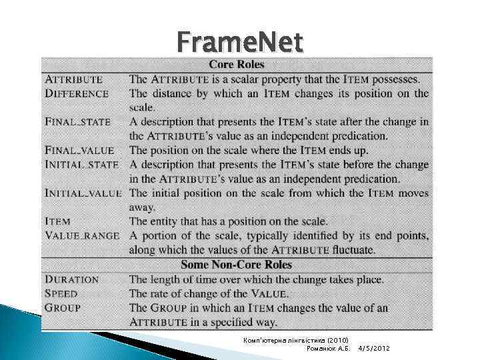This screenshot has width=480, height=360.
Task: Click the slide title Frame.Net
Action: point(240,44)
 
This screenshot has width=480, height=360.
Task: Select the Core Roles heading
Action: point(237,65)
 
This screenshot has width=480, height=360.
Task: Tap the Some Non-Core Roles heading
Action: point(237,265)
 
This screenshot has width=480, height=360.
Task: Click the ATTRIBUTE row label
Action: point(74,79)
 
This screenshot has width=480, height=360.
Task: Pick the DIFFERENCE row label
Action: point(77,94)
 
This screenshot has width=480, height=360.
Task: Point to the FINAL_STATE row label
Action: point(78,122)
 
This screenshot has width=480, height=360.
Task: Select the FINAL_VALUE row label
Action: point(79,151)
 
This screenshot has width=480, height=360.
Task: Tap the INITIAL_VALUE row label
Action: point(83,193)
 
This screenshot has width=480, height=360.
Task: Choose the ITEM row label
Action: point(57,221)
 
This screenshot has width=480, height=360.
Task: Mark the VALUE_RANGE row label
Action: point(82,235)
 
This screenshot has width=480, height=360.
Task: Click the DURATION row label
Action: point(72,280)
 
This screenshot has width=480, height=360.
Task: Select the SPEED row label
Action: point(61,294)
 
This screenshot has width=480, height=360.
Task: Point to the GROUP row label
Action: point(63,308)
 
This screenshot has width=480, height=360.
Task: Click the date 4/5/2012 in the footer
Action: point(374,349)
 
